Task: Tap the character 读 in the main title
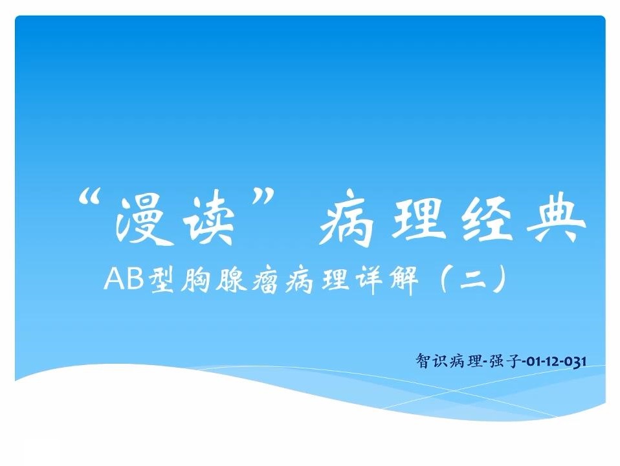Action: point(209,221)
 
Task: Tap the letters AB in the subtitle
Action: point(124,280)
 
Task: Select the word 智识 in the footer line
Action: point(431,361)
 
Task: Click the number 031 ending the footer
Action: point(575,362)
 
